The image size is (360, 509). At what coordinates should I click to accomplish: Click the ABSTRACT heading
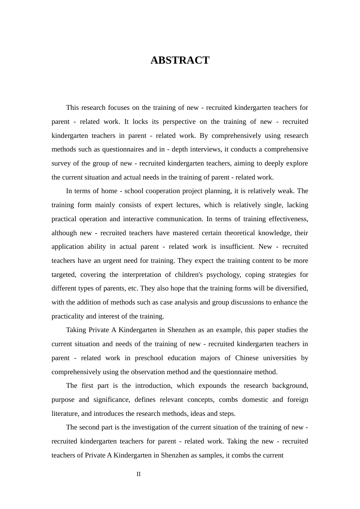pos(180,60)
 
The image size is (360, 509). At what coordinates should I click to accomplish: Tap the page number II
pos(139,474)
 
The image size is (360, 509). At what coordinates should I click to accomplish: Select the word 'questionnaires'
pos(123,149)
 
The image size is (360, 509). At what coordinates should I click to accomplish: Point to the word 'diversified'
pos(292,288)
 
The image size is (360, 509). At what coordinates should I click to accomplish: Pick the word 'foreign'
pos(297,400)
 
